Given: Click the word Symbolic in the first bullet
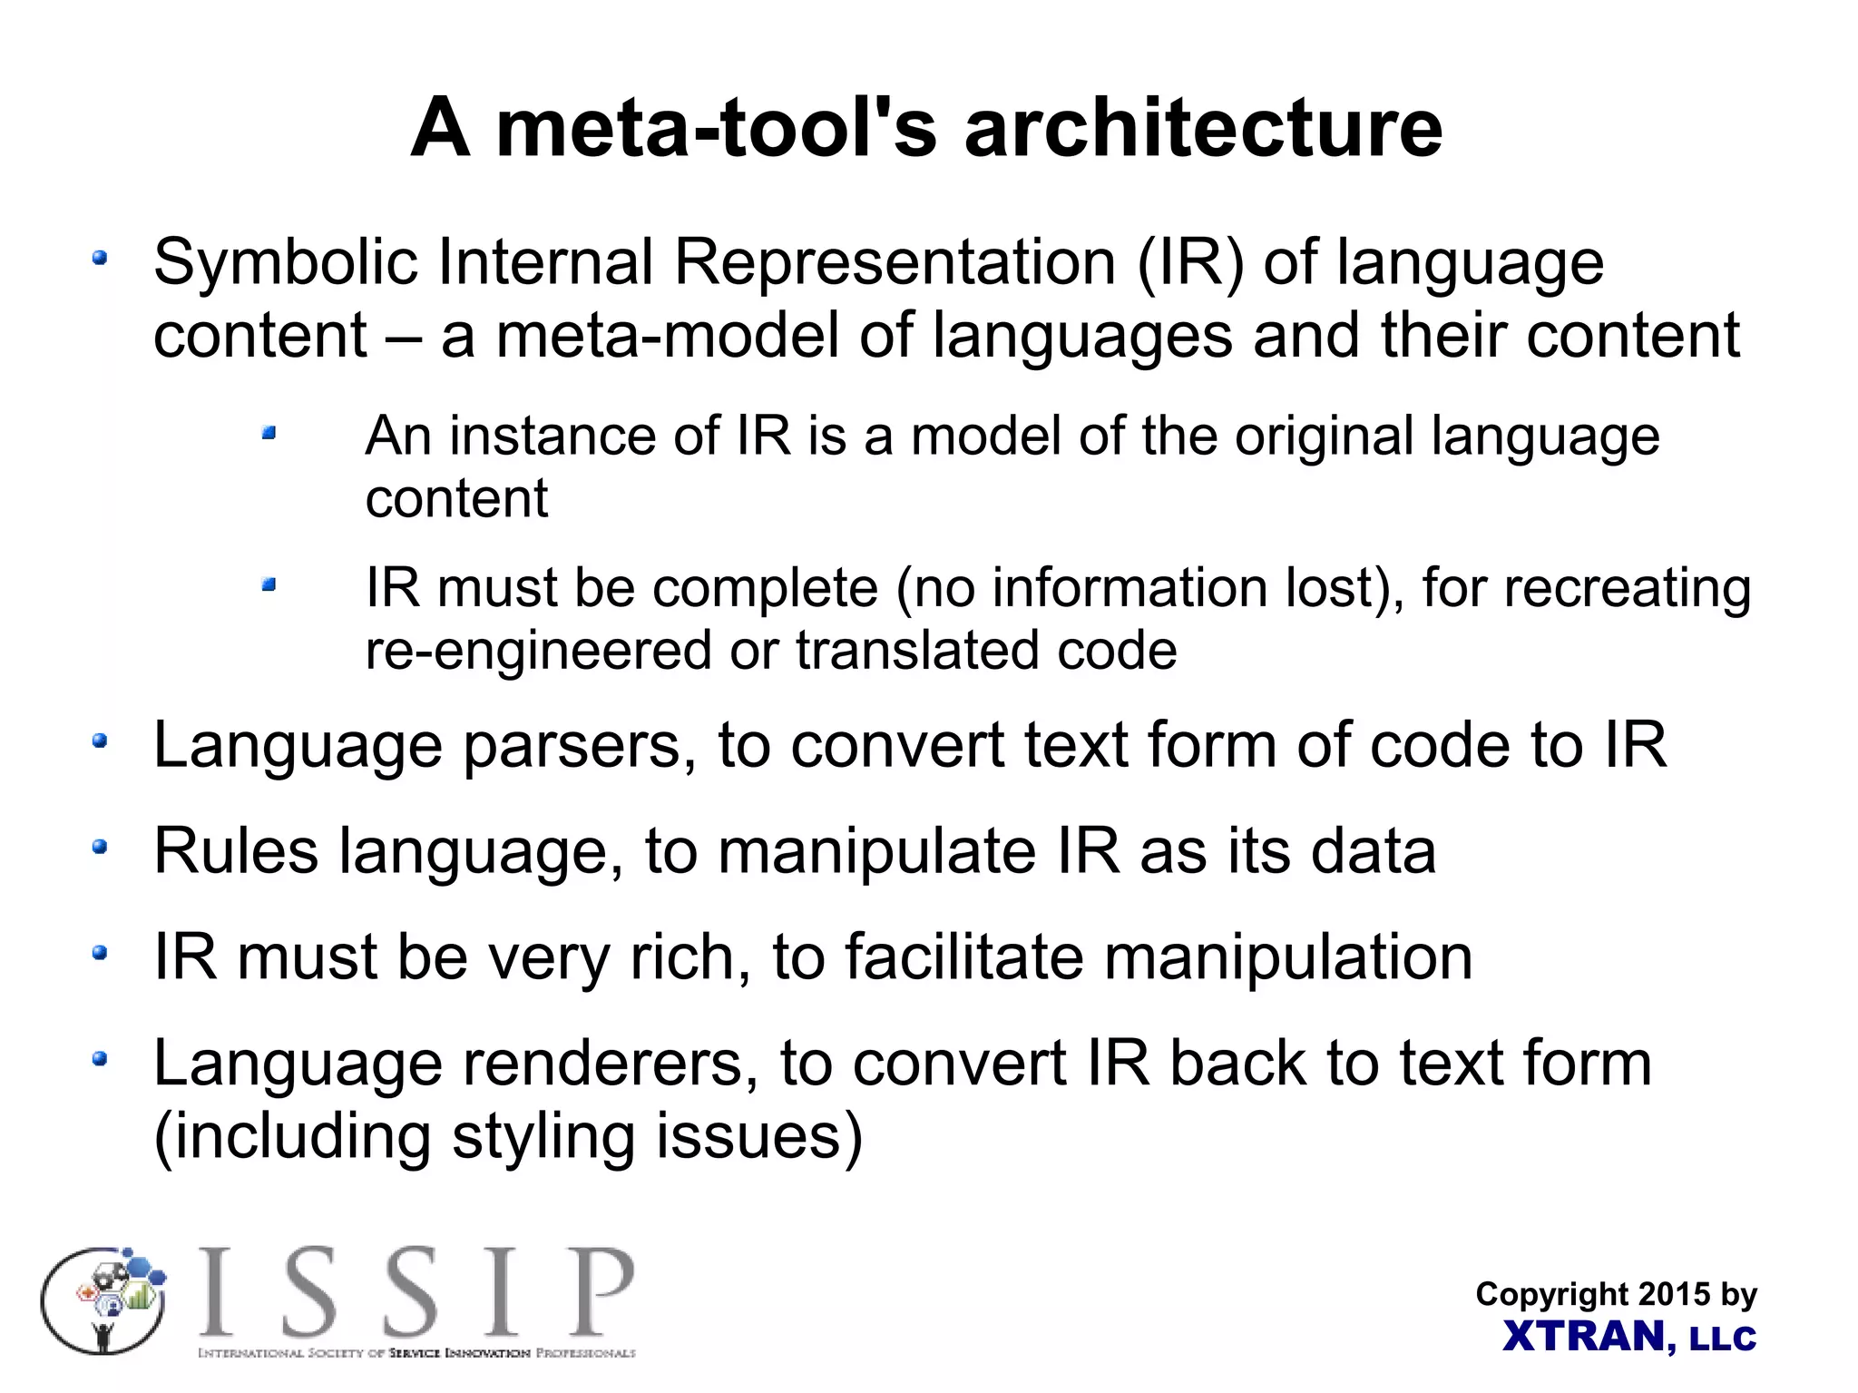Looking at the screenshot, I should [x=285, y=263].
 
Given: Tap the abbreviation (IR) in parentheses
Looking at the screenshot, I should [x=1189, y=263].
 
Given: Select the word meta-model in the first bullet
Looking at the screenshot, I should [x=668, y=336].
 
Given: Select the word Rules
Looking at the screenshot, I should [x=236, y=851].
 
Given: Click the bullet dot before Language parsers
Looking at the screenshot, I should [x=100, y=742].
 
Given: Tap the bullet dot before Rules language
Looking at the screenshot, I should [x=100, y=848].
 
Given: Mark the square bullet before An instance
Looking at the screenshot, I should [x=269, y=434].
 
